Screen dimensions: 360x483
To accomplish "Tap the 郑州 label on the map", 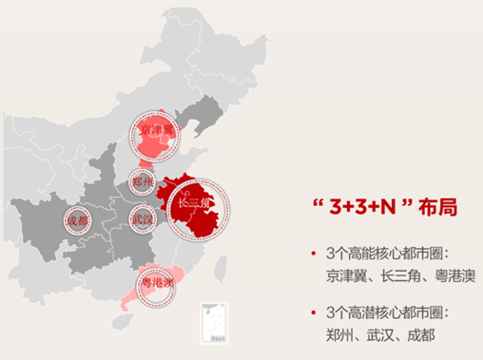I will point(144,180).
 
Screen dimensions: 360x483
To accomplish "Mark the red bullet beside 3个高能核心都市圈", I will point(311,253).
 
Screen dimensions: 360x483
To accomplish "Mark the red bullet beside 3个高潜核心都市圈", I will point(311,312).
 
